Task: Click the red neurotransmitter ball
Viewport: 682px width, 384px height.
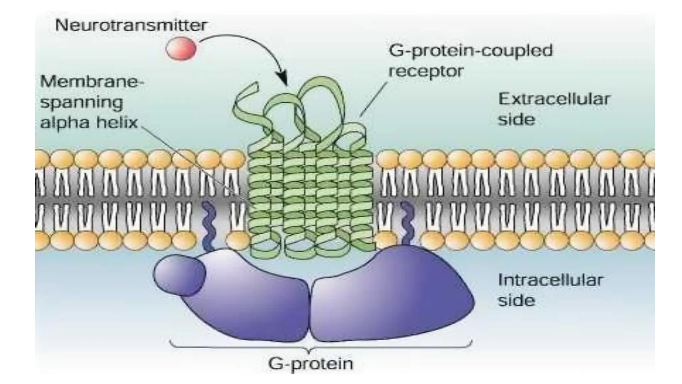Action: tap(181, 49)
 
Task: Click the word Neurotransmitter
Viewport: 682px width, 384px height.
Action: tap(131, 25)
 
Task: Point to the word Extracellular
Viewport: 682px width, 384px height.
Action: tap(554, 99)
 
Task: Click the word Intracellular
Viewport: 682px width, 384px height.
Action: tap(550, 280)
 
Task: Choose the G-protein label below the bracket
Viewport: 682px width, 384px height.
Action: tap(310, 363)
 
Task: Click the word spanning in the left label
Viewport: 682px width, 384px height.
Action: tap(82, 102)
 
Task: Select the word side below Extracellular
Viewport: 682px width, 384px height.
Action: tap(516, 119)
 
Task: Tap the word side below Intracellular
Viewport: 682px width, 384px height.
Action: tap(516, 301)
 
